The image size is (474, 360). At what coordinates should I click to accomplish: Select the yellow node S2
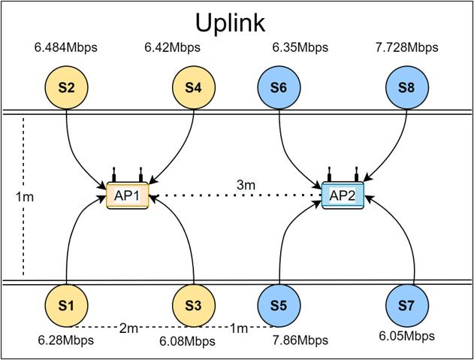[67, 87]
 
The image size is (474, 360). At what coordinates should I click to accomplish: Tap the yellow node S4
[194, 87]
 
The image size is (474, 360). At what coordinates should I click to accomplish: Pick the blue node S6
[279, 87]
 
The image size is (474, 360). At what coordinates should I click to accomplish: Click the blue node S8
[406, 87]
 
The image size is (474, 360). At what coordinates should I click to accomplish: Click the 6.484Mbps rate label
[65, 49]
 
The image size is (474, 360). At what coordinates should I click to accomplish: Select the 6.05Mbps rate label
[406, 336]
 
